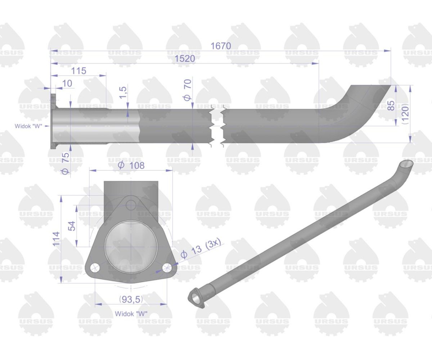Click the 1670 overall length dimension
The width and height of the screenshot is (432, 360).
tap(221, 46)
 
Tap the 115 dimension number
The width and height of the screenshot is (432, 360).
tap(78, 71)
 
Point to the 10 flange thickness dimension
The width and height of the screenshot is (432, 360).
tap(67, 84)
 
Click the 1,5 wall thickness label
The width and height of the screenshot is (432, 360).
tap(123, 93)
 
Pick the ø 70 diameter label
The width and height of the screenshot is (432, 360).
tap(188, 90)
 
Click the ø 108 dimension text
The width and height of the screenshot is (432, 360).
tap(131, 165)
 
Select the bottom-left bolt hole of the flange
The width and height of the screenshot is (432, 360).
tap(95, 267)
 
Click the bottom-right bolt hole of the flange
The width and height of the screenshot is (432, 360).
tap(167, 267)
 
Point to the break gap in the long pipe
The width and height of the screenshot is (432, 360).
tap(217, 126)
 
